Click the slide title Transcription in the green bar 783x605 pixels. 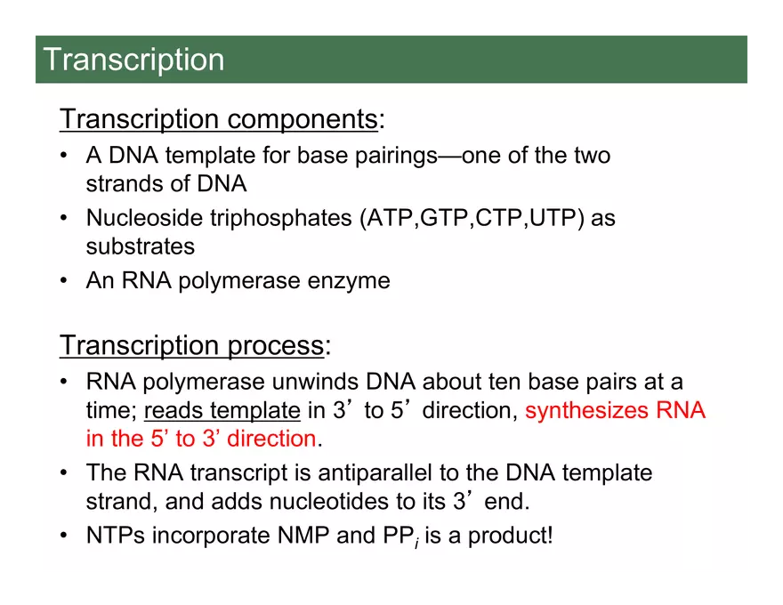133,60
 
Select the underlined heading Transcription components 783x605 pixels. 219,119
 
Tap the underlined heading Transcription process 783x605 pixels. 191,345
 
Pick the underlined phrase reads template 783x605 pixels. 222,411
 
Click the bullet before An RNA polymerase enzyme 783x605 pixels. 64,281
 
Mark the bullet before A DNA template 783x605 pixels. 64,157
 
